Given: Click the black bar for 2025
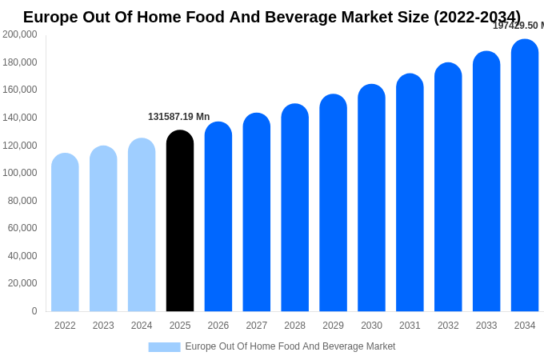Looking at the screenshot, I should (x=180, y=222).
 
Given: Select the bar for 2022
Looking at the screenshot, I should (x=65, y=233).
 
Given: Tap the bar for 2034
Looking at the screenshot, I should (x=525, y=176).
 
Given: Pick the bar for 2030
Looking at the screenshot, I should (x=371, y=198).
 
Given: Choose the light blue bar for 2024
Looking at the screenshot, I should (x=142, y=226).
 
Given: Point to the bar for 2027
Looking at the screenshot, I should (x=257, y=213).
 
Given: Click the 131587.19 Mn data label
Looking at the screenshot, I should (x=178, y=117).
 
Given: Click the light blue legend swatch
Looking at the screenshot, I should (x=164, y=347).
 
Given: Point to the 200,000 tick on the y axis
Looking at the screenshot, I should (x=20, y=34).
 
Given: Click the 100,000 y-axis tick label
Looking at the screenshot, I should (x=20, y=173).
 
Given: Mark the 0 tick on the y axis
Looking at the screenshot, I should (x=34, y=311).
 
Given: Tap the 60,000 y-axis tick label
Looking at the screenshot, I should (x=22, y=228).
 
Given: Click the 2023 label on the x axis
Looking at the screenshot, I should (x=103, y=326).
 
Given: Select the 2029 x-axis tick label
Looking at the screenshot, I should (x=333, y=326).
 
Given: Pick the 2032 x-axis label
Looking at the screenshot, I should (x=448, y=326).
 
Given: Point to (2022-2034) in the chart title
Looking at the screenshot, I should (x=477, y=17).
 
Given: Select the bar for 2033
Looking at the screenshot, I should (x=486, y=182).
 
